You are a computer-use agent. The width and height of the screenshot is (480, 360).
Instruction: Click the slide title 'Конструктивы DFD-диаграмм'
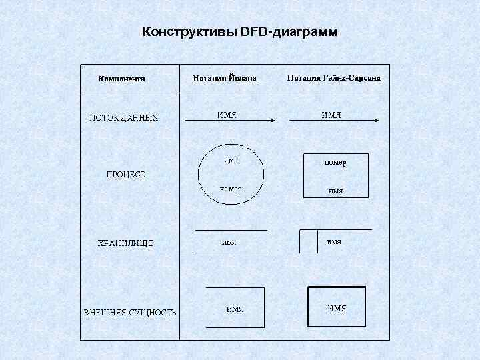click(240, 32)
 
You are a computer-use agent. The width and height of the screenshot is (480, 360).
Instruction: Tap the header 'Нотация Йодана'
click(225, 78)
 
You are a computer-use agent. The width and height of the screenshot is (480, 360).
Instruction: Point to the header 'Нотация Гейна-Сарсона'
click(333, 78)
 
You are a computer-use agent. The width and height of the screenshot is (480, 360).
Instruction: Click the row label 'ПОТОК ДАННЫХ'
click(124, 118)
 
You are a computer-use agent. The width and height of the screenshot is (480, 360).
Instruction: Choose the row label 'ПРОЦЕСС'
click(125, 175)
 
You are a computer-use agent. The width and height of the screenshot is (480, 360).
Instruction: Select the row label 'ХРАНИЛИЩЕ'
click(126, 243)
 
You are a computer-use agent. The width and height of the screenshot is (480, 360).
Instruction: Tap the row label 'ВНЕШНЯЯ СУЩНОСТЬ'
click(129, 312)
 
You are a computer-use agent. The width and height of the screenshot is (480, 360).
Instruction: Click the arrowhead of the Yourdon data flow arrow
click(272, 121)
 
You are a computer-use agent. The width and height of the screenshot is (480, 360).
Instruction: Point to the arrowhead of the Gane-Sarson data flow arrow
click(377, 121)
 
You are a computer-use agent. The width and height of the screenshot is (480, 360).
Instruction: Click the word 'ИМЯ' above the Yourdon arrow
click(227, 115)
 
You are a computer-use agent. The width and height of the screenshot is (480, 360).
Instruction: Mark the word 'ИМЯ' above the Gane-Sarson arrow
click(331, 115)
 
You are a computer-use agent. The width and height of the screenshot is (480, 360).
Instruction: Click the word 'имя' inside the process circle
click(231, 160)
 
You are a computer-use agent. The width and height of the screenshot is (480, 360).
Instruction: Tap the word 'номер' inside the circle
click(231, 189)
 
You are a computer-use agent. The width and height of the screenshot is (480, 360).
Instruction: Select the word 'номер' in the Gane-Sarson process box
click(335, 162)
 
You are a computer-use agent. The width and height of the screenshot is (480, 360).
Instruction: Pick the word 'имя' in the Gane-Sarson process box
click(335, 191)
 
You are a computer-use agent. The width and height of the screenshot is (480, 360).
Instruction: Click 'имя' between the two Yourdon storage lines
click(229, 242)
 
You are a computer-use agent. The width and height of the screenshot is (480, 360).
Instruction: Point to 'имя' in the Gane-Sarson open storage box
click(334, 241)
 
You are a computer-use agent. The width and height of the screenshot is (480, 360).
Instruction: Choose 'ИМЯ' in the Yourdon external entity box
click(235, 309)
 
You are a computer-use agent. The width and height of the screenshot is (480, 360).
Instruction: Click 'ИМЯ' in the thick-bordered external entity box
click(337, 308)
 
